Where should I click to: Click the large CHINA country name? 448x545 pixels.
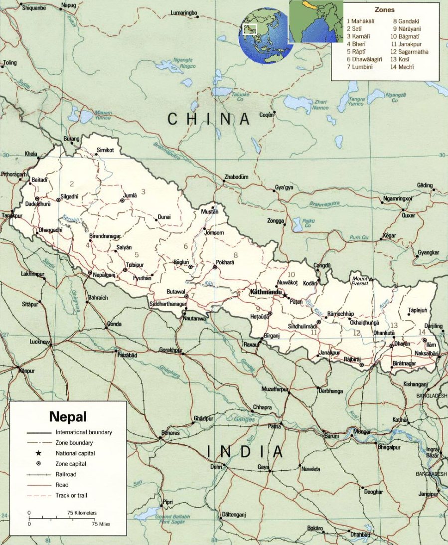[x=208, y=119]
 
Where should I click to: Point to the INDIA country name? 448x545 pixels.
[x=245, y=452]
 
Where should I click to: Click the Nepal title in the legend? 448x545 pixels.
[x=67, y=416]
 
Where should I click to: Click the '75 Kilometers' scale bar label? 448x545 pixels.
[x=82, y=513]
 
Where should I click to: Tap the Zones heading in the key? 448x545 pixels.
[x=384, y=9]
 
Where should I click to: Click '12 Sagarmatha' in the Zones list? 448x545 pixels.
[x=409, y=51]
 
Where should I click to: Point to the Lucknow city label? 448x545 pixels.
[x=39, y=342]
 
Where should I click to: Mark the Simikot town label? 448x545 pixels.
[x=105, y=150]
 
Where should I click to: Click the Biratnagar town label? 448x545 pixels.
[x=404, y=363]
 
